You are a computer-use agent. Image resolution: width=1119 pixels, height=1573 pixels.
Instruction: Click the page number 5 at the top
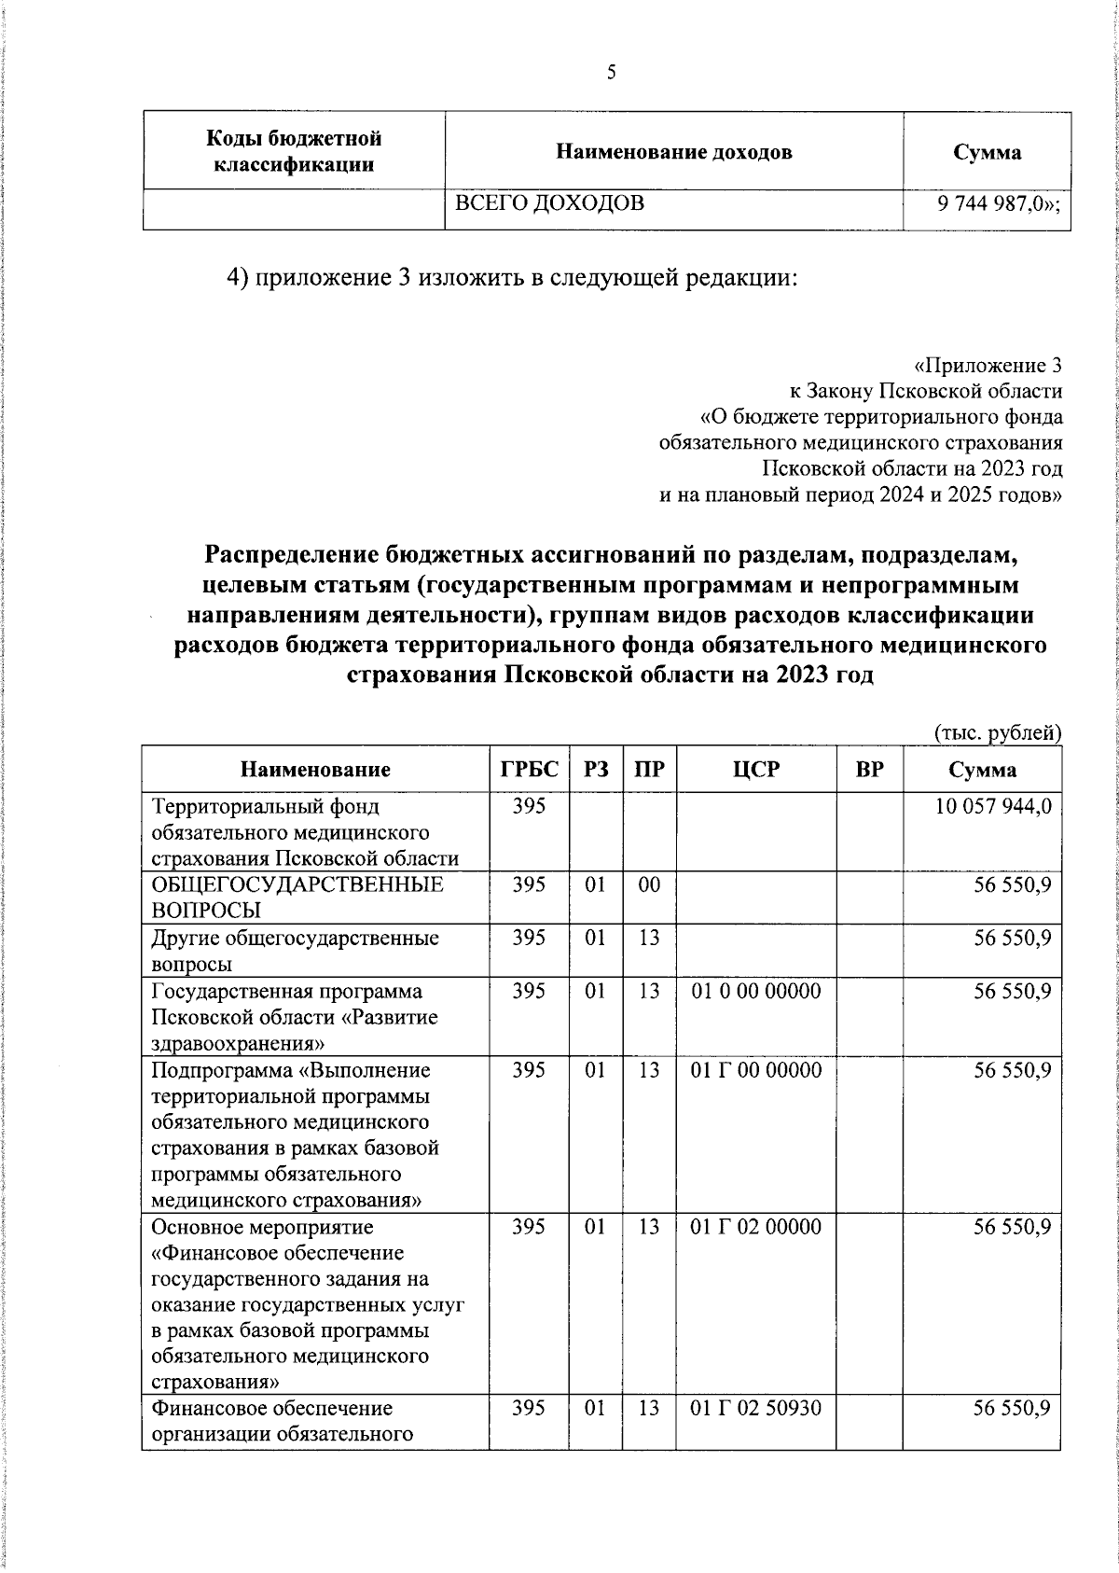(x=612, y=72)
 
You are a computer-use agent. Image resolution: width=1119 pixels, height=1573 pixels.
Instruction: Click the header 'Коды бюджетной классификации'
(x=294, y=152)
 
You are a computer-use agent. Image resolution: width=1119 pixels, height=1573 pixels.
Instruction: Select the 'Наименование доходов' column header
(x=673, y=152)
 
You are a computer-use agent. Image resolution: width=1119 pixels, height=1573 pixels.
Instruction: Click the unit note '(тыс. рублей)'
(x=997, y=733)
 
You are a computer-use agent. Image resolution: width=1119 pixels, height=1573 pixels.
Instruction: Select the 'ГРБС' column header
(x=529, y=770)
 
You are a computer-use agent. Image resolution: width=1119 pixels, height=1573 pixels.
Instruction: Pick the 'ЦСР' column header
(x=756, y=770)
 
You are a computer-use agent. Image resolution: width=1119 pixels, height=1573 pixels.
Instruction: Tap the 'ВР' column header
(x=869, y=770)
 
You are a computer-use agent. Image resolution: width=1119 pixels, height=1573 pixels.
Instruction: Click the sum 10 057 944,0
(x=993, y=806)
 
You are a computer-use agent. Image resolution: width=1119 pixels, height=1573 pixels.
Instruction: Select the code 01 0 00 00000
(x=756, y=991)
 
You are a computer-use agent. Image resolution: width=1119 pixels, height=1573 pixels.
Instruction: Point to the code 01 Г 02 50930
(x=756, y=1407)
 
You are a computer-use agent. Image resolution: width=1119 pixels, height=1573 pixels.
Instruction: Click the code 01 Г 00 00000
(x=756, y=1070)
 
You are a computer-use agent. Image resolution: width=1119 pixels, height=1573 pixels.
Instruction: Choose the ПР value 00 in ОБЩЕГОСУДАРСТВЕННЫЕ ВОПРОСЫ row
(x=649, y=884)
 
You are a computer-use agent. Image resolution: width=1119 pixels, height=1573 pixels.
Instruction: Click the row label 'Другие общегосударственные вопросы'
(x=295, y=951)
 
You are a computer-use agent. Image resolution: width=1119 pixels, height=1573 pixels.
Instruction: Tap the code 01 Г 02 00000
(x=756, y=1227)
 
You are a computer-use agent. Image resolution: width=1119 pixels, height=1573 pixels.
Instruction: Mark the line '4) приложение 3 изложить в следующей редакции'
(x=513, y=278)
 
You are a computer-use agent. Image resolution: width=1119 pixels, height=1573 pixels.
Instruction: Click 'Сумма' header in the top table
(x=987, y=152)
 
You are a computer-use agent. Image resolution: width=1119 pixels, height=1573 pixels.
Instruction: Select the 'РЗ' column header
(x=596, y=770)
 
